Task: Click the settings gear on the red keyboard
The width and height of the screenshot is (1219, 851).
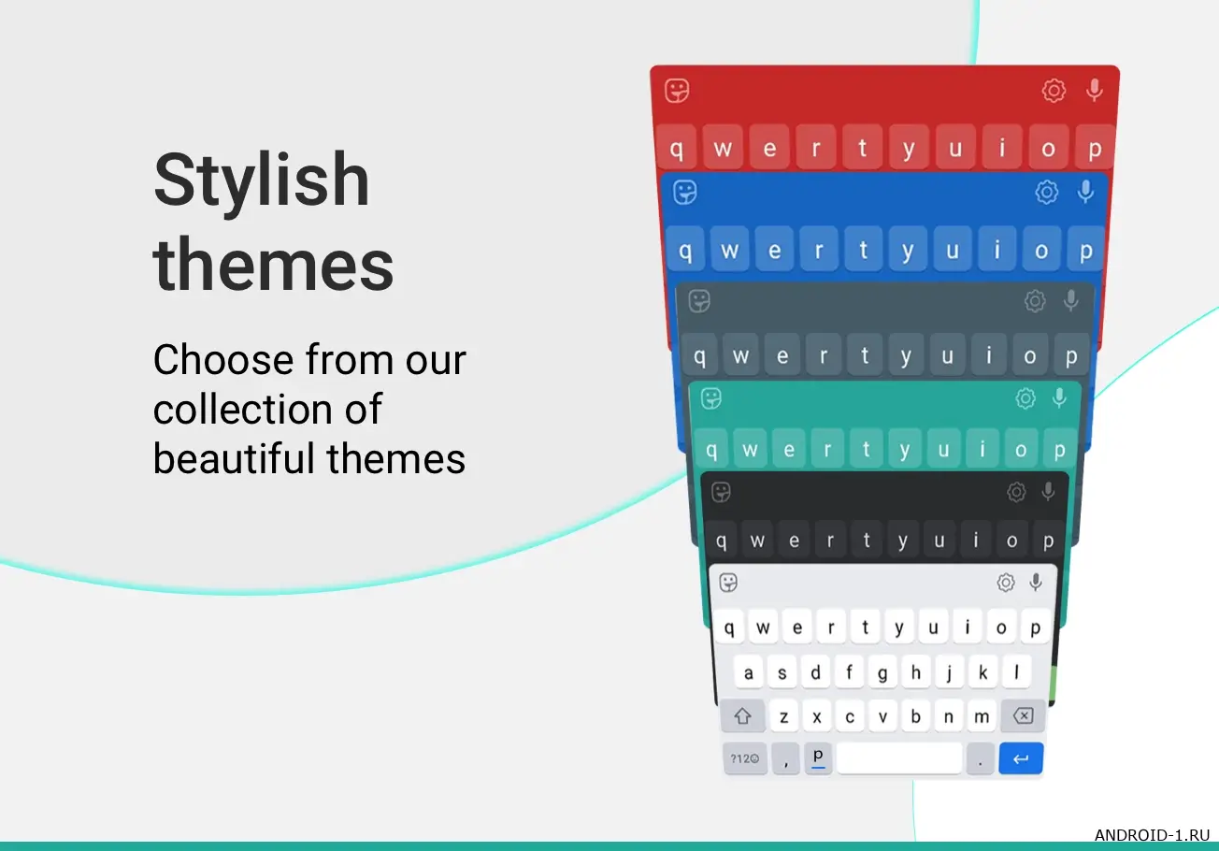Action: point(1054,91)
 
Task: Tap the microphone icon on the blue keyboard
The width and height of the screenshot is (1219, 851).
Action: point(1085,192)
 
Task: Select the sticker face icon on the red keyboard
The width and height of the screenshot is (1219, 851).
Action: point(677,91)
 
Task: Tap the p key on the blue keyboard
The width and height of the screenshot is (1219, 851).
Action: point(1085,250)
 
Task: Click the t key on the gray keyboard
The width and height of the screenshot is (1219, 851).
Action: point(865,354)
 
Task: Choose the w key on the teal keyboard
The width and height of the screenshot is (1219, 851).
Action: point(750,449)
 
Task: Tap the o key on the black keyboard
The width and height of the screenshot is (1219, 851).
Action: point(1011,541)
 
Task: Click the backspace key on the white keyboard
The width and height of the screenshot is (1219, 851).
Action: point(1023,715)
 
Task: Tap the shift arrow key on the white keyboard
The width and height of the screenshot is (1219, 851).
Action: point(743,715)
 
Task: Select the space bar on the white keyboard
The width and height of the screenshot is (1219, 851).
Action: point(899,757)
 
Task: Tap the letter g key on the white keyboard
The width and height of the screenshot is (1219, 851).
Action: point(882,672)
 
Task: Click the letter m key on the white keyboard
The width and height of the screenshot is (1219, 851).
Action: point(982,716)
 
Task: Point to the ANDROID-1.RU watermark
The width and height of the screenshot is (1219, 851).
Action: point(1152,835)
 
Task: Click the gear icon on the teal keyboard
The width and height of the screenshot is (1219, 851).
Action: point(1025,398)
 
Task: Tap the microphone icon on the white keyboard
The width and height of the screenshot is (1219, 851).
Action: point(1036,582)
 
